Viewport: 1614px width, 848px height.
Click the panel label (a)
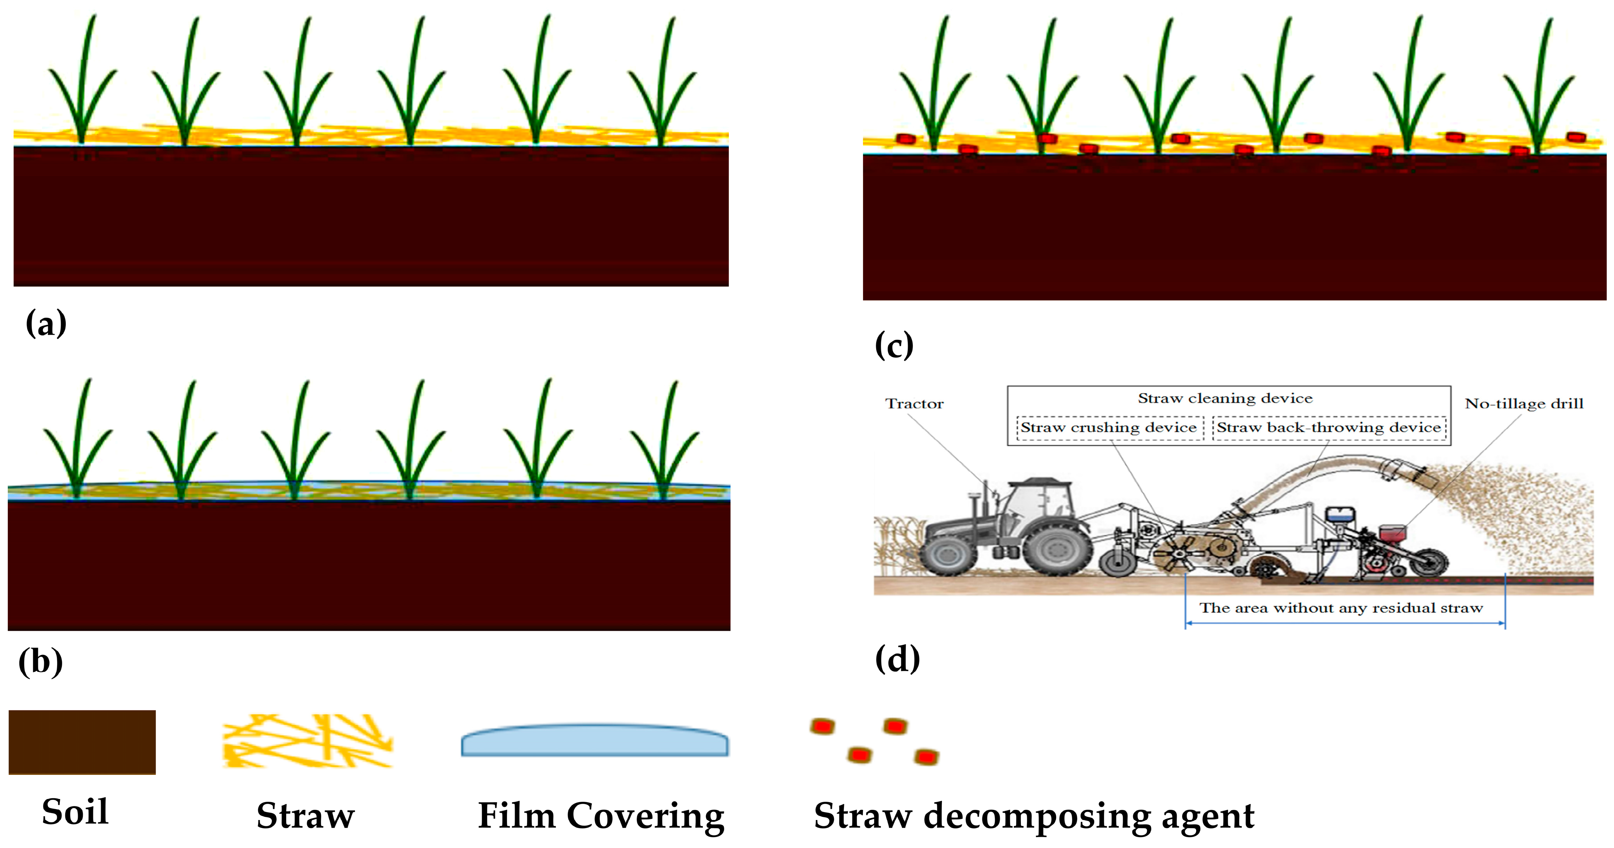[x=46, y=324]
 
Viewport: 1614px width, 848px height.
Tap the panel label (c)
[x=894, y=345]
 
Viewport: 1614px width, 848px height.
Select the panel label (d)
[x=897, y=659]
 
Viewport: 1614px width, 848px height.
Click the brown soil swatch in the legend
[x=82, y=742]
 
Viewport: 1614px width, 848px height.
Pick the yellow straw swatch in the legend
[x=307, y=741]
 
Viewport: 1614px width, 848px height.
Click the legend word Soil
[x=75, y=812]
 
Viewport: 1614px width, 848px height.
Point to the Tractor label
[x=914, y=404]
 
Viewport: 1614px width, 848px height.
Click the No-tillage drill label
[x=1524, y=404]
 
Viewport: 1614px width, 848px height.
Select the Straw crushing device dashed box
[x=1109, y=427]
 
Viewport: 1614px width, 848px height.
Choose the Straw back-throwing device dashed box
[x=1329, y=427]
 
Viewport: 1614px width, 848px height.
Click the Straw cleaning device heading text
[x=1225, y=399]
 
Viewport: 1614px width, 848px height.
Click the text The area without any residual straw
[x=1341, y=608]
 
